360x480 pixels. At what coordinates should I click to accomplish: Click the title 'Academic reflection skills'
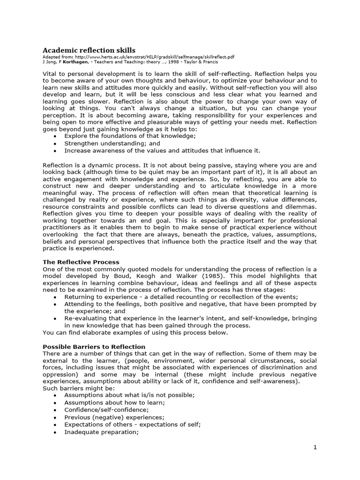point(89,50)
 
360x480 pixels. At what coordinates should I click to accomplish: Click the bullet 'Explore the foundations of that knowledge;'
point(130,136)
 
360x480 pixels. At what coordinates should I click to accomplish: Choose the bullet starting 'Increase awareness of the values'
point(162,150)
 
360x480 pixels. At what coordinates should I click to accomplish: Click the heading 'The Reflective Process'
point(81,262)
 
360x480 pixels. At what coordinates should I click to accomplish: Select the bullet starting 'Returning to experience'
point(181,297)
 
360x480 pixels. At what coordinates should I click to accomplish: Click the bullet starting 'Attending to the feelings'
point(190,304)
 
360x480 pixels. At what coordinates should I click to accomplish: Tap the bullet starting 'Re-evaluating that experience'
point(190,318)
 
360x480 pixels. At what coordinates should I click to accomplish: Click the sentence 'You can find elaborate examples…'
point(135,333)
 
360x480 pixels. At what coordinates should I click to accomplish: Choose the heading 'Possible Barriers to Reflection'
point(94,346)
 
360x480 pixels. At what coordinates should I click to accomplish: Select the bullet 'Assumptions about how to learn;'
point(114,403)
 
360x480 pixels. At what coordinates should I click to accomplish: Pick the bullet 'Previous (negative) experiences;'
point(114,417)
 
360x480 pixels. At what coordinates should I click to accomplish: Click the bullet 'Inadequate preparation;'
point(101,432)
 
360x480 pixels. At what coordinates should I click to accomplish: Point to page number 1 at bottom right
point(315,447)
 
